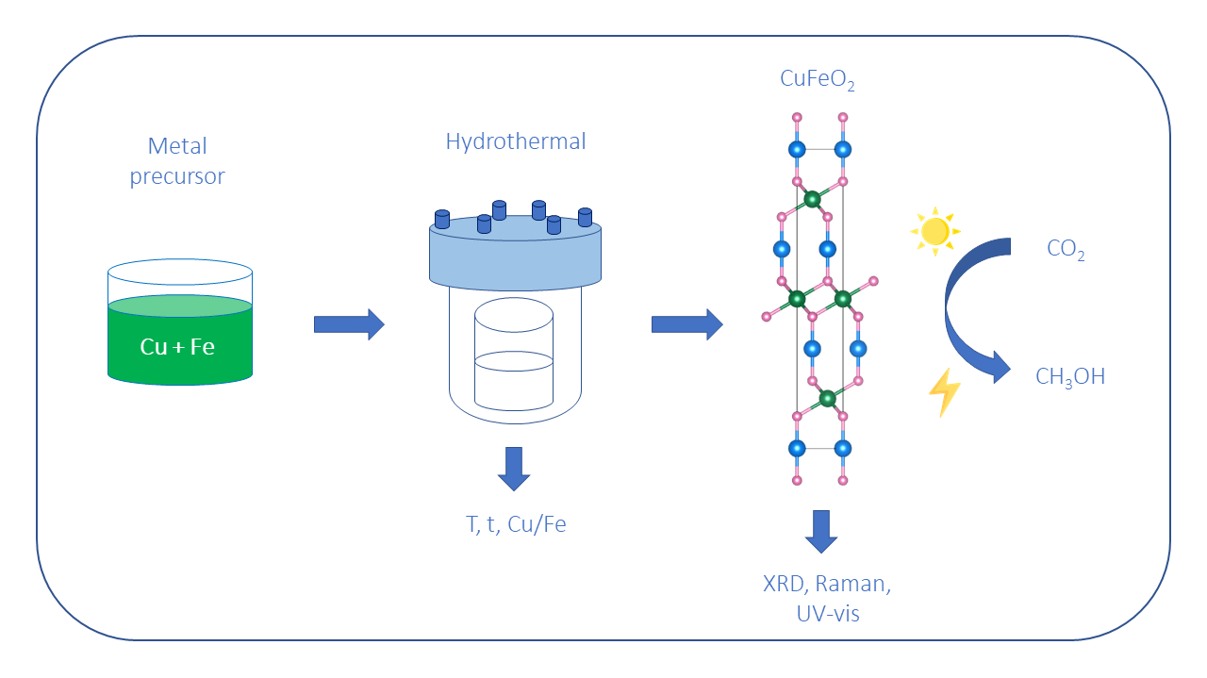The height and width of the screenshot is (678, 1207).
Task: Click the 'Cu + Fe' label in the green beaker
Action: (177, 347)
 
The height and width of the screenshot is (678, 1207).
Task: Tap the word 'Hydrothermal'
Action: (516, 142)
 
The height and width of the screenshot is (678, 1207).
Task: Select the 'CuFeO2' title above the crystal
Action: (817, 80)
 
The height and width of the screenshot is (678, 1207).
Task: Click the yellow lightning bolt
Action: (944, 392)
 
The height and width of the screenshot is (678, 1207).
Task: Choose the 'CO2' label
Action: (1066, 250)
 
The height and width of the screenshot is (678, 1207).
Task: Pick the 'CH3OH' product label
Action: (1069, 377)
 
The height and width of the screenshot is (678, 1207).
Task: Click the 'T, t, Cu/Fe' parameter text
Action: (516, 525)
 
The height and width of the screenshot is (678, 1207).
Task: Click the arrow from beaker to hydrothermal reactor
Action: (349, 324)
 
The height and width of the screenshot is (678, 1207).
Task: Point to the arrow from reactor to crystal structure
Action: (686, 324)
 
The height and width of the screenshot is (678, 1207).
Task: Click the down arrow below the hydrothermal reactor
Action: (514, 468)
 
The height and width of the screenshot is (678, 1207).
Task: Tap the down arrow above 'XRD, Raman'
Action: (821, 531)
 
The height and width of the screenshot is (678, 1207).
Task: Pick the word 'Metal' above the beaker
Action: (177, 147)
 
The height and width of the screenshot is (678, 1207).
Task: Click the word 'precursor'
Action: (177, 176)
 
